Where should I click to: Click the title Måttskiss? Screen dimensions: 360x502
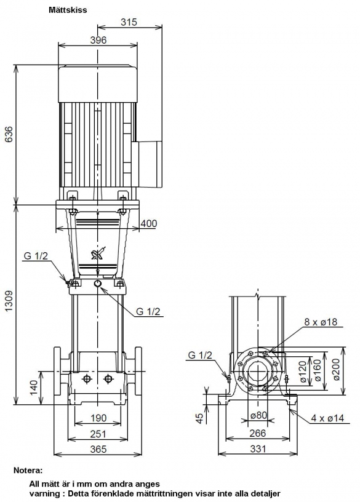coord(68,10)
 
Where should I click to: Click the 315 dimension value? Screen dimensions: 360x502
coord(129,22)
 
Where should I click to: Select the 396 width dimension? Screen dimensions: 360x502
coord(98,40)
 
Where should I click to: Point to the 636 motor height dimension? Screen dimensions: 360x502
coord(9,135)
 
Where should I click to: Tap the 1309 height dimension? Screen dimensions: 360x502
coord(9,301)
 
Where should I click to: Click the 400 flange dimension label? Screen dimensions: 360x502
coord(149,223)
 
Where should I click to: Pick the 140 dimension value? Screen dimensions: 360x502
coord(34,388)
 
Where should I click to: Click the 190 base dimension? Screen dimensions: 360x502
coord(98,418)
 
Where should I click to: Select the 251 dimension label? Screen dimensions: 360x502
coord(98,434)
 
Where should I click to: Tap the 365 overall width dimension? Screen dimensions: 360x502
coord(98,449)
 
